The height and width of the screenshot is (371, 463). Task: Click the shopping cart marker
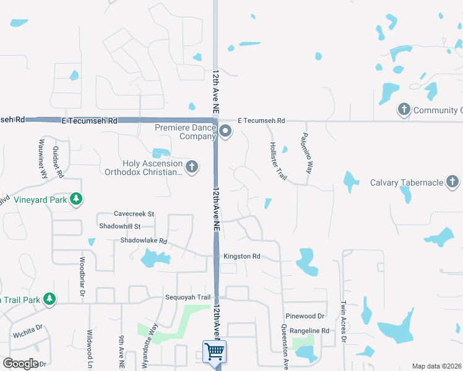(x=214, y=352)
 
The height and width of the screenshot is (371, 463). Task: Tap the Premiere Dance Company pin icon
(x=225, y=130)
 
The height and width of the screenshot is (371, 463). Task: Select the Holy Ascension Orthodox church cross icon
(x=192, y=166)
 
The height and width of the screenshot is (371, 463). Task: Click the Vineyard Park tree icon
(x=76, y=199)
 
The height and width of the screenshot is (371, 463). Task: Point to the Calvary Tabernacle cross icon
(x=453, y=182)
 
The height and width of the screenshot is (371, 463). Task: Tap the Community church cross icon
(x=404, y=110)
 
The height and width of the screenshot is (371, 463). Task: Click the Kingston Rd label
(x=242, y=256)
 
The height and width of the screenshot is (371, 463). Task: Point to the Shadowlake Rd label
(x=144, y=241)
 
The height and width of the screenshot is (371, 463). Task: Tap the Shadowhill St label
(x=120, y=226)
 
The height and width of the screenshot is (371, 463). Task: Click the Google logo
(x=20, y=363)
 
